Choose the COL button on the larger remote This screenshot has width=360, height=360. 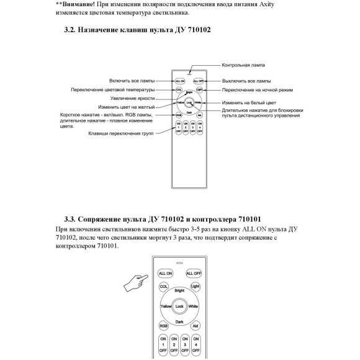click(x=164, y=286)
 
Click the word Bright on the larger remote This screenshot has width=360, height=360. click(x=180, y=290)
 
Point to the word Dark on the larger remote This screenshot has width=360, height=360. click(x=180, y=322)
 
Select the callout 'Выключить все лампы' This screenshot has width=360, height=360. click(x=246, y=81)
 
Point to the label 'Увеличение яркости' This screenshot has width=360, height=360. click(x=133, y=98)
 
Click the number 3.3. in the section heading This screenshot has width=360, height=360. click(x=73, y=218)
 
